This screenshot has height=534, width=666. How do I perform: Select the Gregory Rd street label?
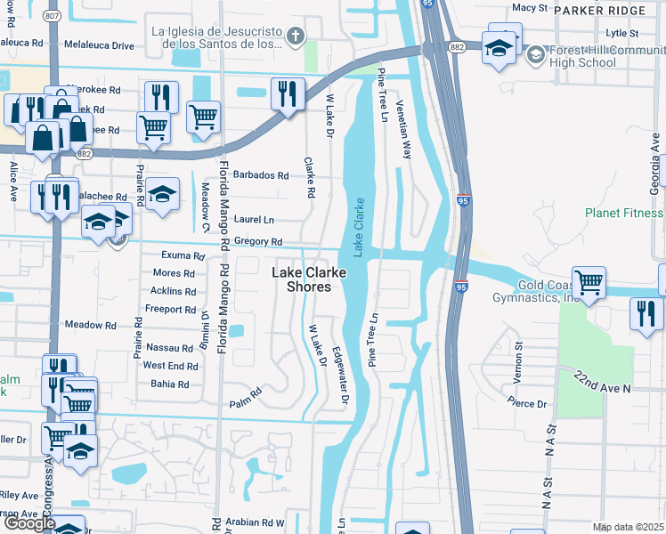click(258, 242)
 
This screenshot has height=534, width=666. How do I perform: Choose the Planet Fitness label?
click(624, 214)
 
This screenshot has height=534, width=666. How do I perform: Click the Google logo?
click(29, 523)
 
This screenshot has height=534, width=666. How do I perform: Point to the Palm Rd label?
click(248, 391)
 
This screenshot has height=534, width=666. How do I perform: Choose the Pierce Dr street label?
click(527, 402)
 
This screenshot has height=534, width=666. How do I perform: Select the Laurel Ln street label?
click(255, 219)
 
